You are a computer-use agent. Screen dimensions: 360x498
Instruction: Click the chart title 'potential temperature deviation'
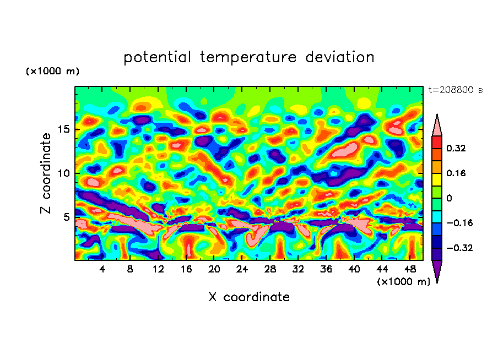coord(248,57)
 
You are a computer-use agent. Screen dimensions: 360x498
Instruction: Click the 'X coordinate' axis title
coord(249,297)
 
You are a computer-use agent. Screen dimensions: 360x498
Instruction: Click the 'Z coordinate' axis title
coord(46,173)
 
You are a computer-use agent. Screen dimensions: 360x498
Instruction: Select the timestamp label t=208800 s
coord(455,90)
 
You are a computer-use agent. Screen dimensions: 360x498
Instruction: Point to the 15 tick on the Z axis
coord(64,129)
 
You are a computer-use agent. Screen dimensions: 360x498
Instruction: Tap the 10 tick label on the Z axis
coord(64,173)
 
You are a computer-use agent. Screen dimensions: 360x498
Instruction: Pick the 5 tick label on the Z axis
coord(67,217)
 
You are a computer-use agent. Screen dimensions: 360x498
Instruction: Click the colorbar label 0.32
coord(457,148)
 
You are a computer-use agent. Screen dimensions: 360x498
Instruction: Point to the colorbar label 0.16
coord(457,173)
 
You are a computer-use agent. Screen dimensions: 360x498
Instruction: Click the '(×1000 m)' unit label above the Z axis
coord(53,72)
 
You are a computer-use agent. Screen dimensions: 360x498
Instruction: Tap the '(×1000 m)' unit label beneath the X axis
coord(404,282)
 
